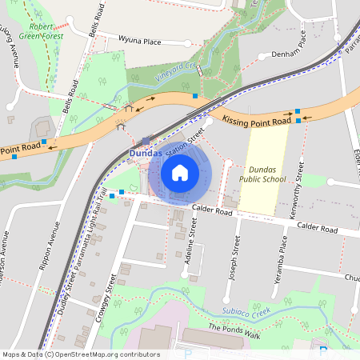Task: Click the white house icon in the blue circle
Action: coord(180,172)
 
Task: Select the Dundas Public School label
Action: coord(266,175)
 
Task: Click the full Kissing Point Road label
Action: coord(256,122)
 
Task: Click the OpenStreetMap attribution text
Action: coord(81,354)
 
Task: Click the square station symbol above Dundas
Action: coord(146,140)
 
